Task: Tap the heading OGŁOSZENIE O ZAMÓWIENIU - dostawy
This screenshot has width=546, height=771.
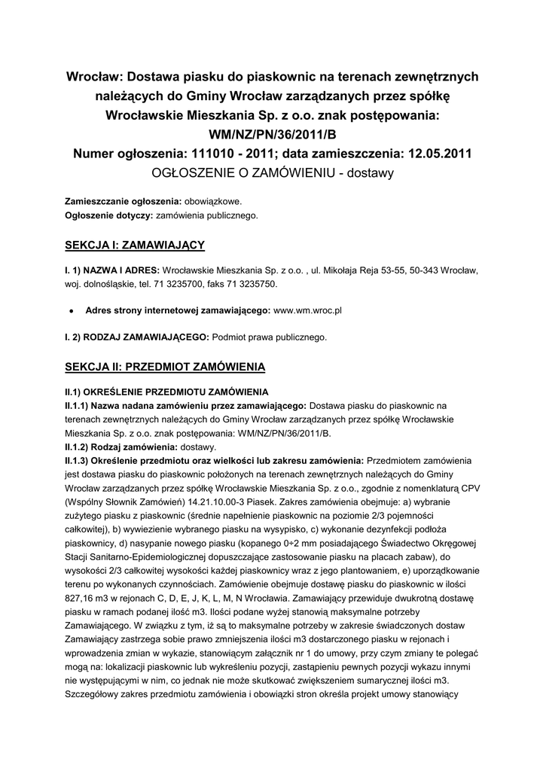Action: click(x=273, y=173)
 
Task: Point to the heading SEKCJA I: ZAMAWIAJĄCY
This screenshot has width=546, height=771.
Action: click(x=135, y=245)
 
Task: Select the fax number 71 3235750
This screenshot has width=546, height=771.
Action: click(x=248, y=284)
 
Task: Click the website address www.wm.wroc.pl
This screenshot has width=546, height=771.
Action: click(x=308, y=309)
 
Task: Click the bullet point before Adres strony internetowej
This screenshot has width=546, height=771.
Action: click(x=70, y=310)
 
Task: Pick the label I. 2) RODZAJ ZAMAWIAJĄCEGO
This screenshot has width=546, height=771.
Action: click(x=137, y=337)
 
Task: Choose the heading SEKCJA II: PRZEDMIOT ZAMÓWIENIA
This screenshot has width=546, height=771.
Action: click(x=165, y=367)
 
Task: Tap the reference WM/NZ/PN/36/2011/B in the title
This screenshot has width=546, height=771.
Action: click(x=273, y=136)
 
